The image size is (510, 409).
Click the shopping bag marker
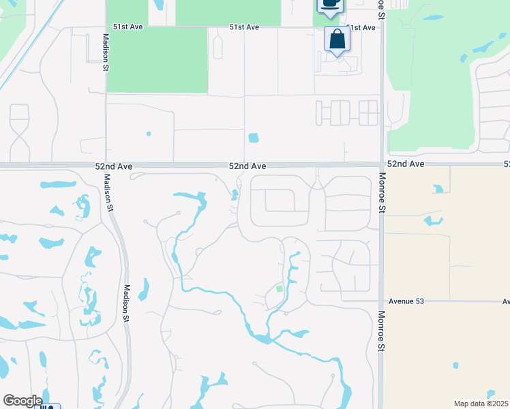click(337, 39)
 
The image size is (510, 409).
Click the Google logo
click(22, 401)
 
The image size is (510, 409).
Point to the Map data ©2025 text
click(481, 404)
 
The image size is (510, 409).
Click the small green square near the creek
click(279, 289)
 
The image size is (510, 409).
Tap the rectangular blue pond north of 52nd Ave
click(254, 138)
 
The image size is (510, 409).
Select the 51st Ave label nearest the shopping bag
click(361, 28)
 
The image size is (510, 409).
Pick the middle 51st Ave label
click(244, 27)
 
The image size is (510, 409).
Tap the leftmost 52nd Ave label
click(114, 166)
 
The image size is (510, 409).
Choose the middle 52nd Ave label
click(247, 166)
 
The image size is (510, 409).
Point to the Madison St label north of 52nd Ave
click(106, 52)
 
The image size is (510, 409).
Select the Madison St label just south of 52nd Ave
click(107, 194)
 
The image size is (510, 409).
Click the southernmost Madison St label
click(126, 303)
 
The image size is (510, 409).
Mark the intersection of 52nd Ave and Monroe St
click(382, 164)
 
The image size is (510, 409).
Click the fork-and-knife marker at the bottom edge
click(47, 407)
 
